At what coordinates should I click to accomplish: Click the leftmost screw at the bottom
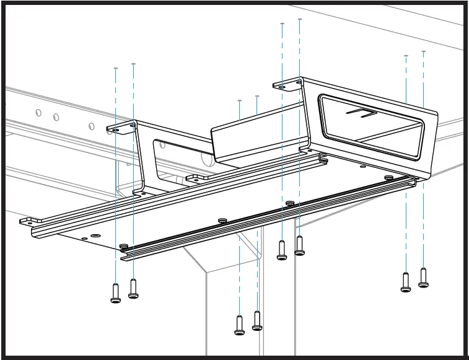[116, 293]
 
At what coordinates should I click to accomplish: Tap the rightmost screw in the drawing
[423, 278]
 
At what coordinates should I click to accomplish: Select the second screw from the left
[133, 289]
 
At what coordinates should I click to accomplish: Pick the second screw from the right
[406, 282]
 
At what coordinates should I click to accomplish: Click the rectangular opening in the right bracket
[372, 127]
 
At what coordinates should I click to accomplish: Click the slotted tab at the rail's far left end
[30, 221]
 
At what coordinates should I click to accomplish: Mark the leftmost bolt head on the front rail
[124, 246]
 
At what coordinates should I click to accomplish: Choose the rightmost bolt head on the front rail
[388, 178]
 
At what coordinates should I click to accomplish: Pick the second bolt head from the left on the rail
[222, 220]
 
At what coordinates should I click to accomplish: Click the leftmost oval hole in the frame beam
[38, 113]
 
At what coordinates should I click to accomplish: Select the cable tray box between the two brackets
[257, 139]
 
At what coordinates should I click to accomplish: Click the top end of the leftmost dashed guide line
[116, 68]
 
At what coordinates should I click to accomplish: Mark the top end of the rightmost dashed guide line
[424, 51]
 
